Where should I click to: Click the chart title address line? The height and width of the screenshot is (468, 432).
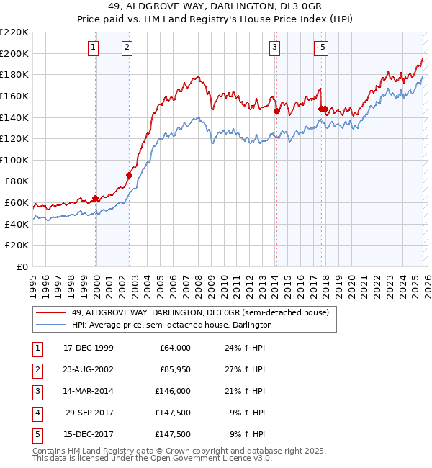[216, 6]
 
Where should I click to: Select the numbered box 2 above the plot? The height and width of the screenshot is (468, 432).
[127, 48]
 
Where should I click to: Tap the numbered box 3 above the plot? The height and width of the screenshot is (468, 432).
[275, 48]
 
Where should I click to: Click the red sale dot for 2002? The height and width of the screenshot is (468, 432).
[130, 175]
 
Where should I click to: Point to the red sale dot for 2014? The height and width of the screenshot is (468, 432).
[276, 111]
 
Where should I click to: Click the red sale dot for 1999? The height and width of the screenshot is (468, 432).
[96, 198]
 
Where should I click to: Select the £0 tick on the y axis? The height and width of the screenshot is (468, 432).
[22, 266]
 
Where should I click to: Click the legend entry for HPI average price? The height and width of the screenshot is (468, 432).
[171, 325]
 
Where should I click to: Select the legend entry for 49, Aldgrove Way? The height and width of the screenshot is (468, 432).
[200, 312]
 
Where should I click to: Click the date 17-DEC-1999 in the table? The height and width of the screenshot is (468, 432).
[88, 348]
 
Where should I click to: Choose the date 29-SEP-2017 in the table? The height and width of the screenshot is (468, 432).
[88, 413]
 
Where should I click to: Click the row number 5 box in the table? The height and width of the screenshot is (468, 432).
[36, 434]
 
